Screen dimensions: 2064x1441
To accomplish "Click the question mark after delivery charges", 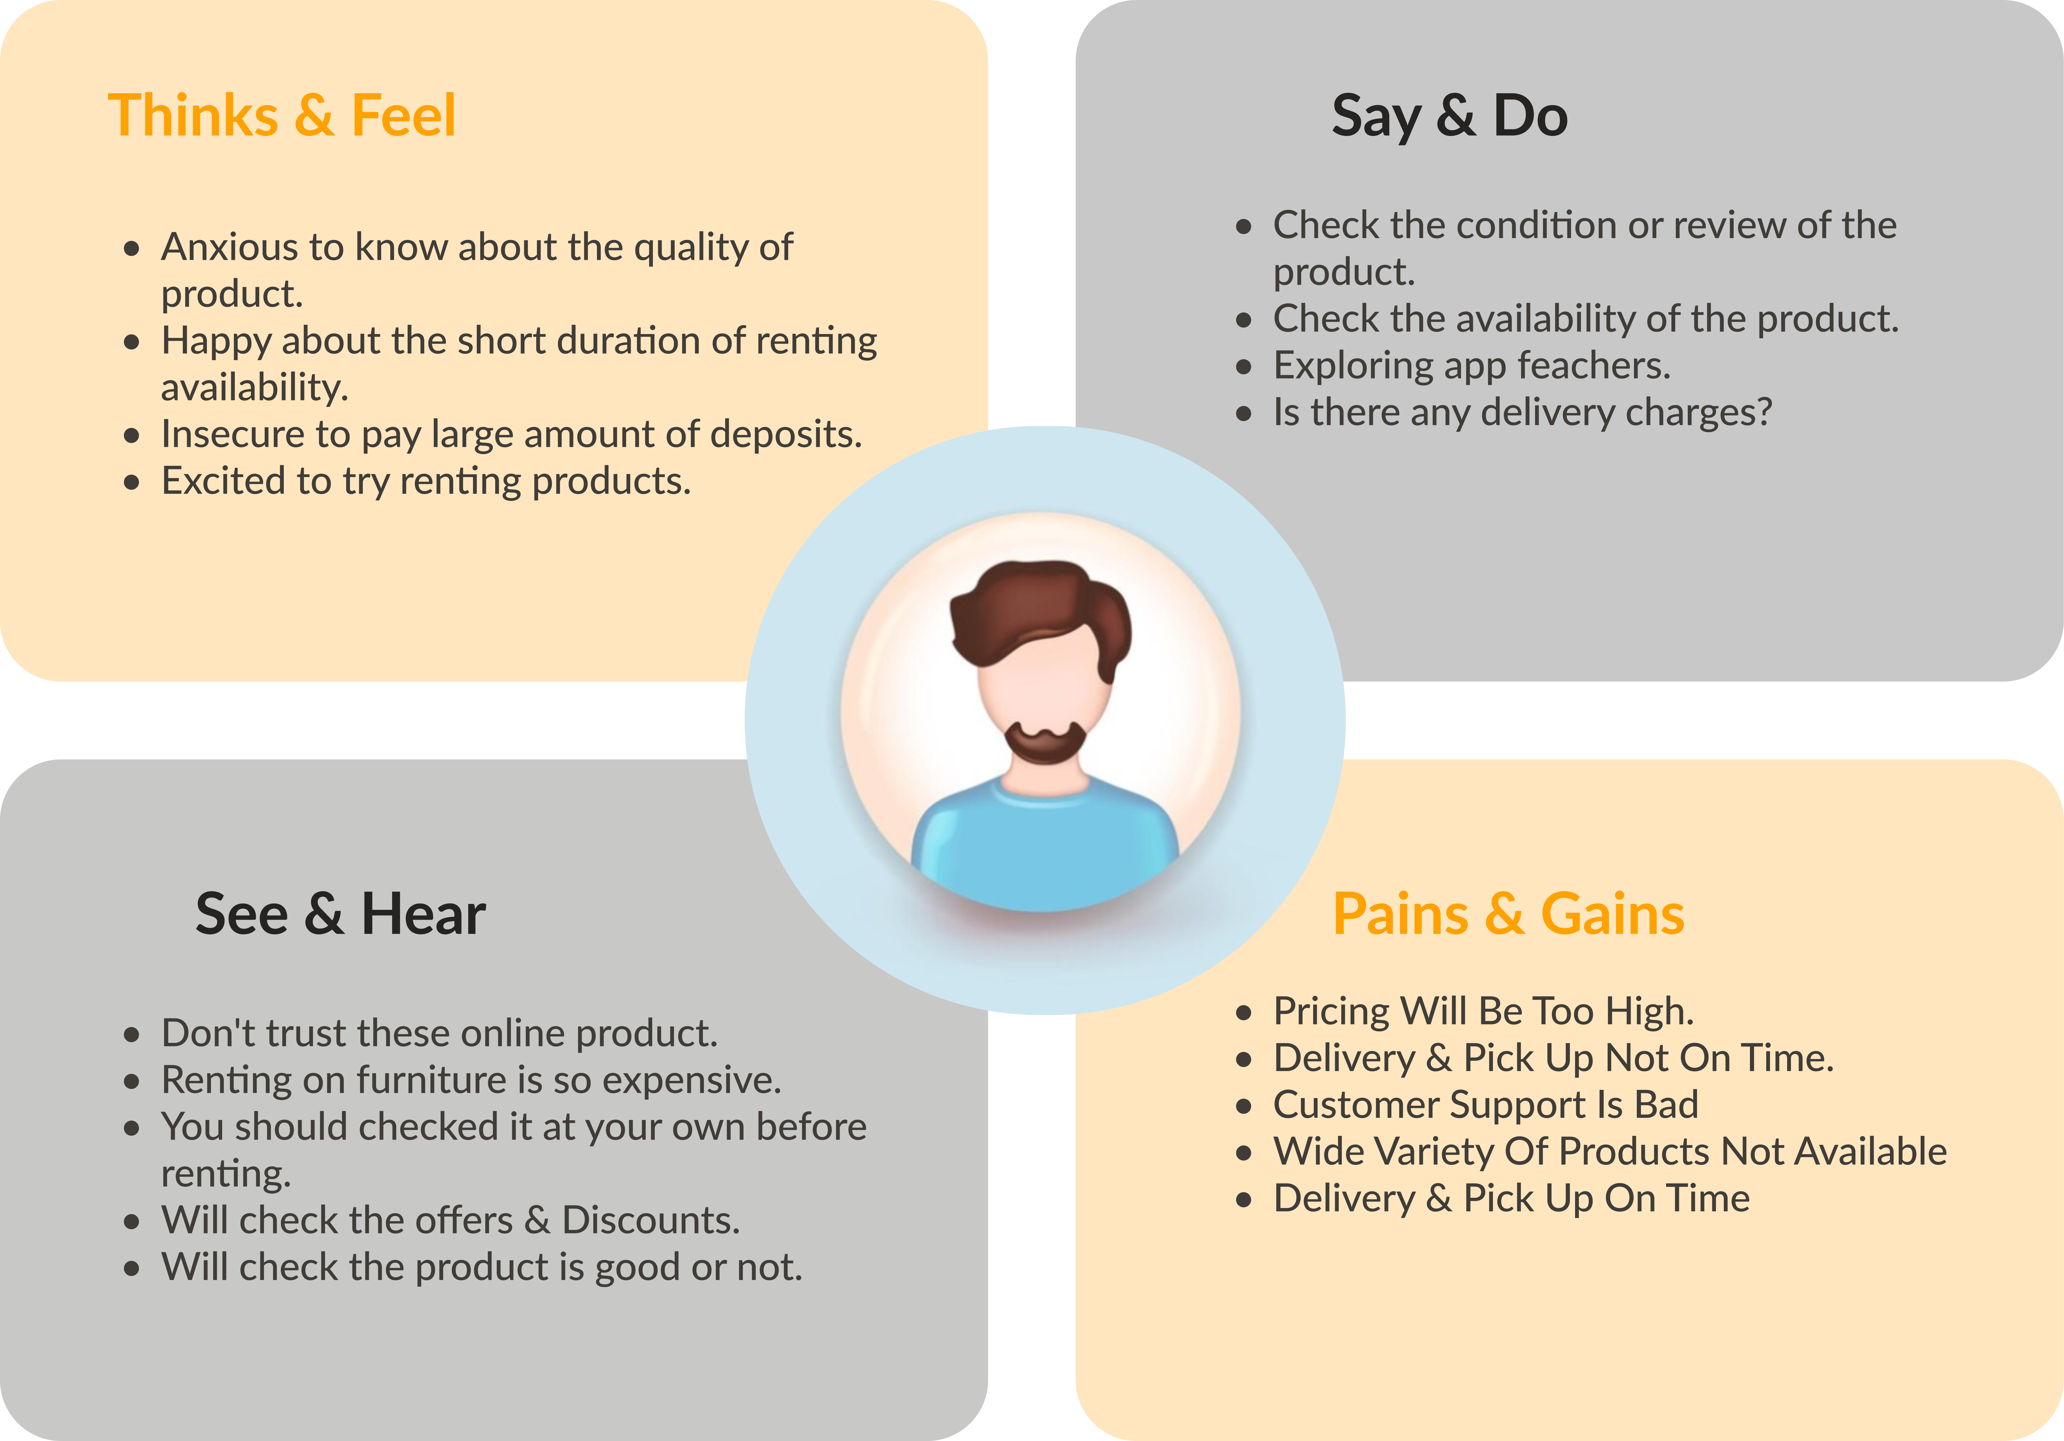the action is click(x=1764, y=412).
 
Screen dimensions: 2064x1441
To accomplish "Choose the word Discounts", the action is click(x=651, y=1220).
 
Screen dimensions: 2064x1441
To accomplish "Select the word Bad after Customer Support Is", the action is click(x=1667, y=1105).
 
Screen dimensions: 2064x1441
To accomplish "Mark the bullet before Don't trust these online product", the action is click(x=132, y=1035).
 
